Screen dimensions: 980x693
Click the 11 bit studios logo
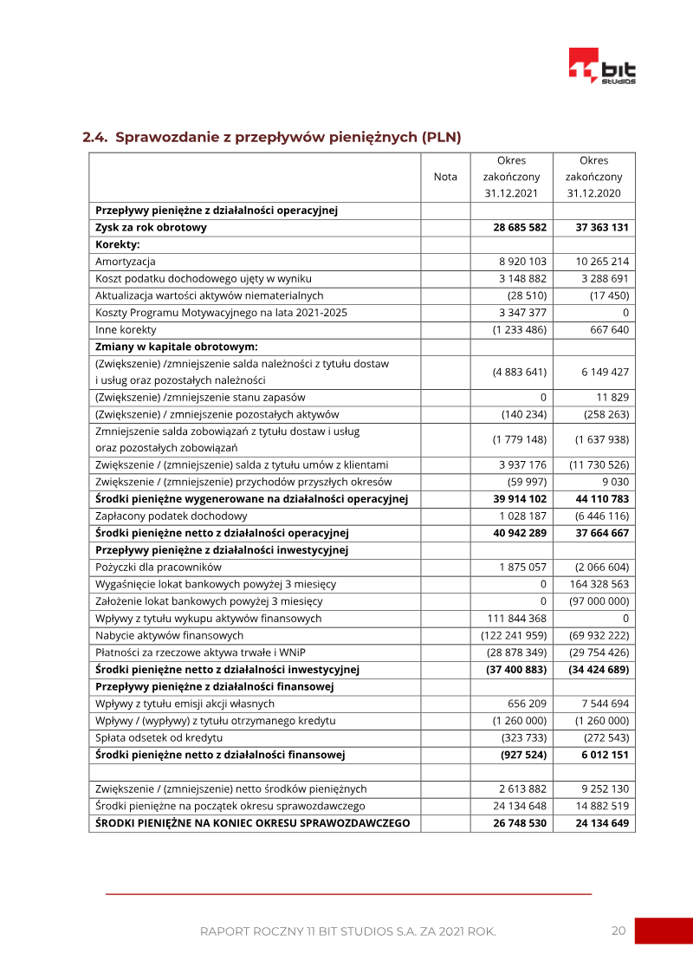(x=602, y=66)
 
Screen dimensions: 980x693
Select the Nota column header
(x=445, y=177)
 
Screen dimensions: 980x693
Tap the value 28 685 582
(x=520, y=227)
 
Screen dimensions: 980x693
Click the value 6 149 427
(x=605, y=372)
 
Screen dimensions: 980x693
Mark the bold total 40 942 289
(x=520, y=533)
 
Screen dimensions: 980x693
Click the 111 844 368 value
(x=516, y=618)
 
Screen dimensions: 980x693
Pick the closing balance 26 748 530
(x=520, y=822)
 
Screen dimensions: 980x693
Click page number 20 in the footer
(x=618, y=931)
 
